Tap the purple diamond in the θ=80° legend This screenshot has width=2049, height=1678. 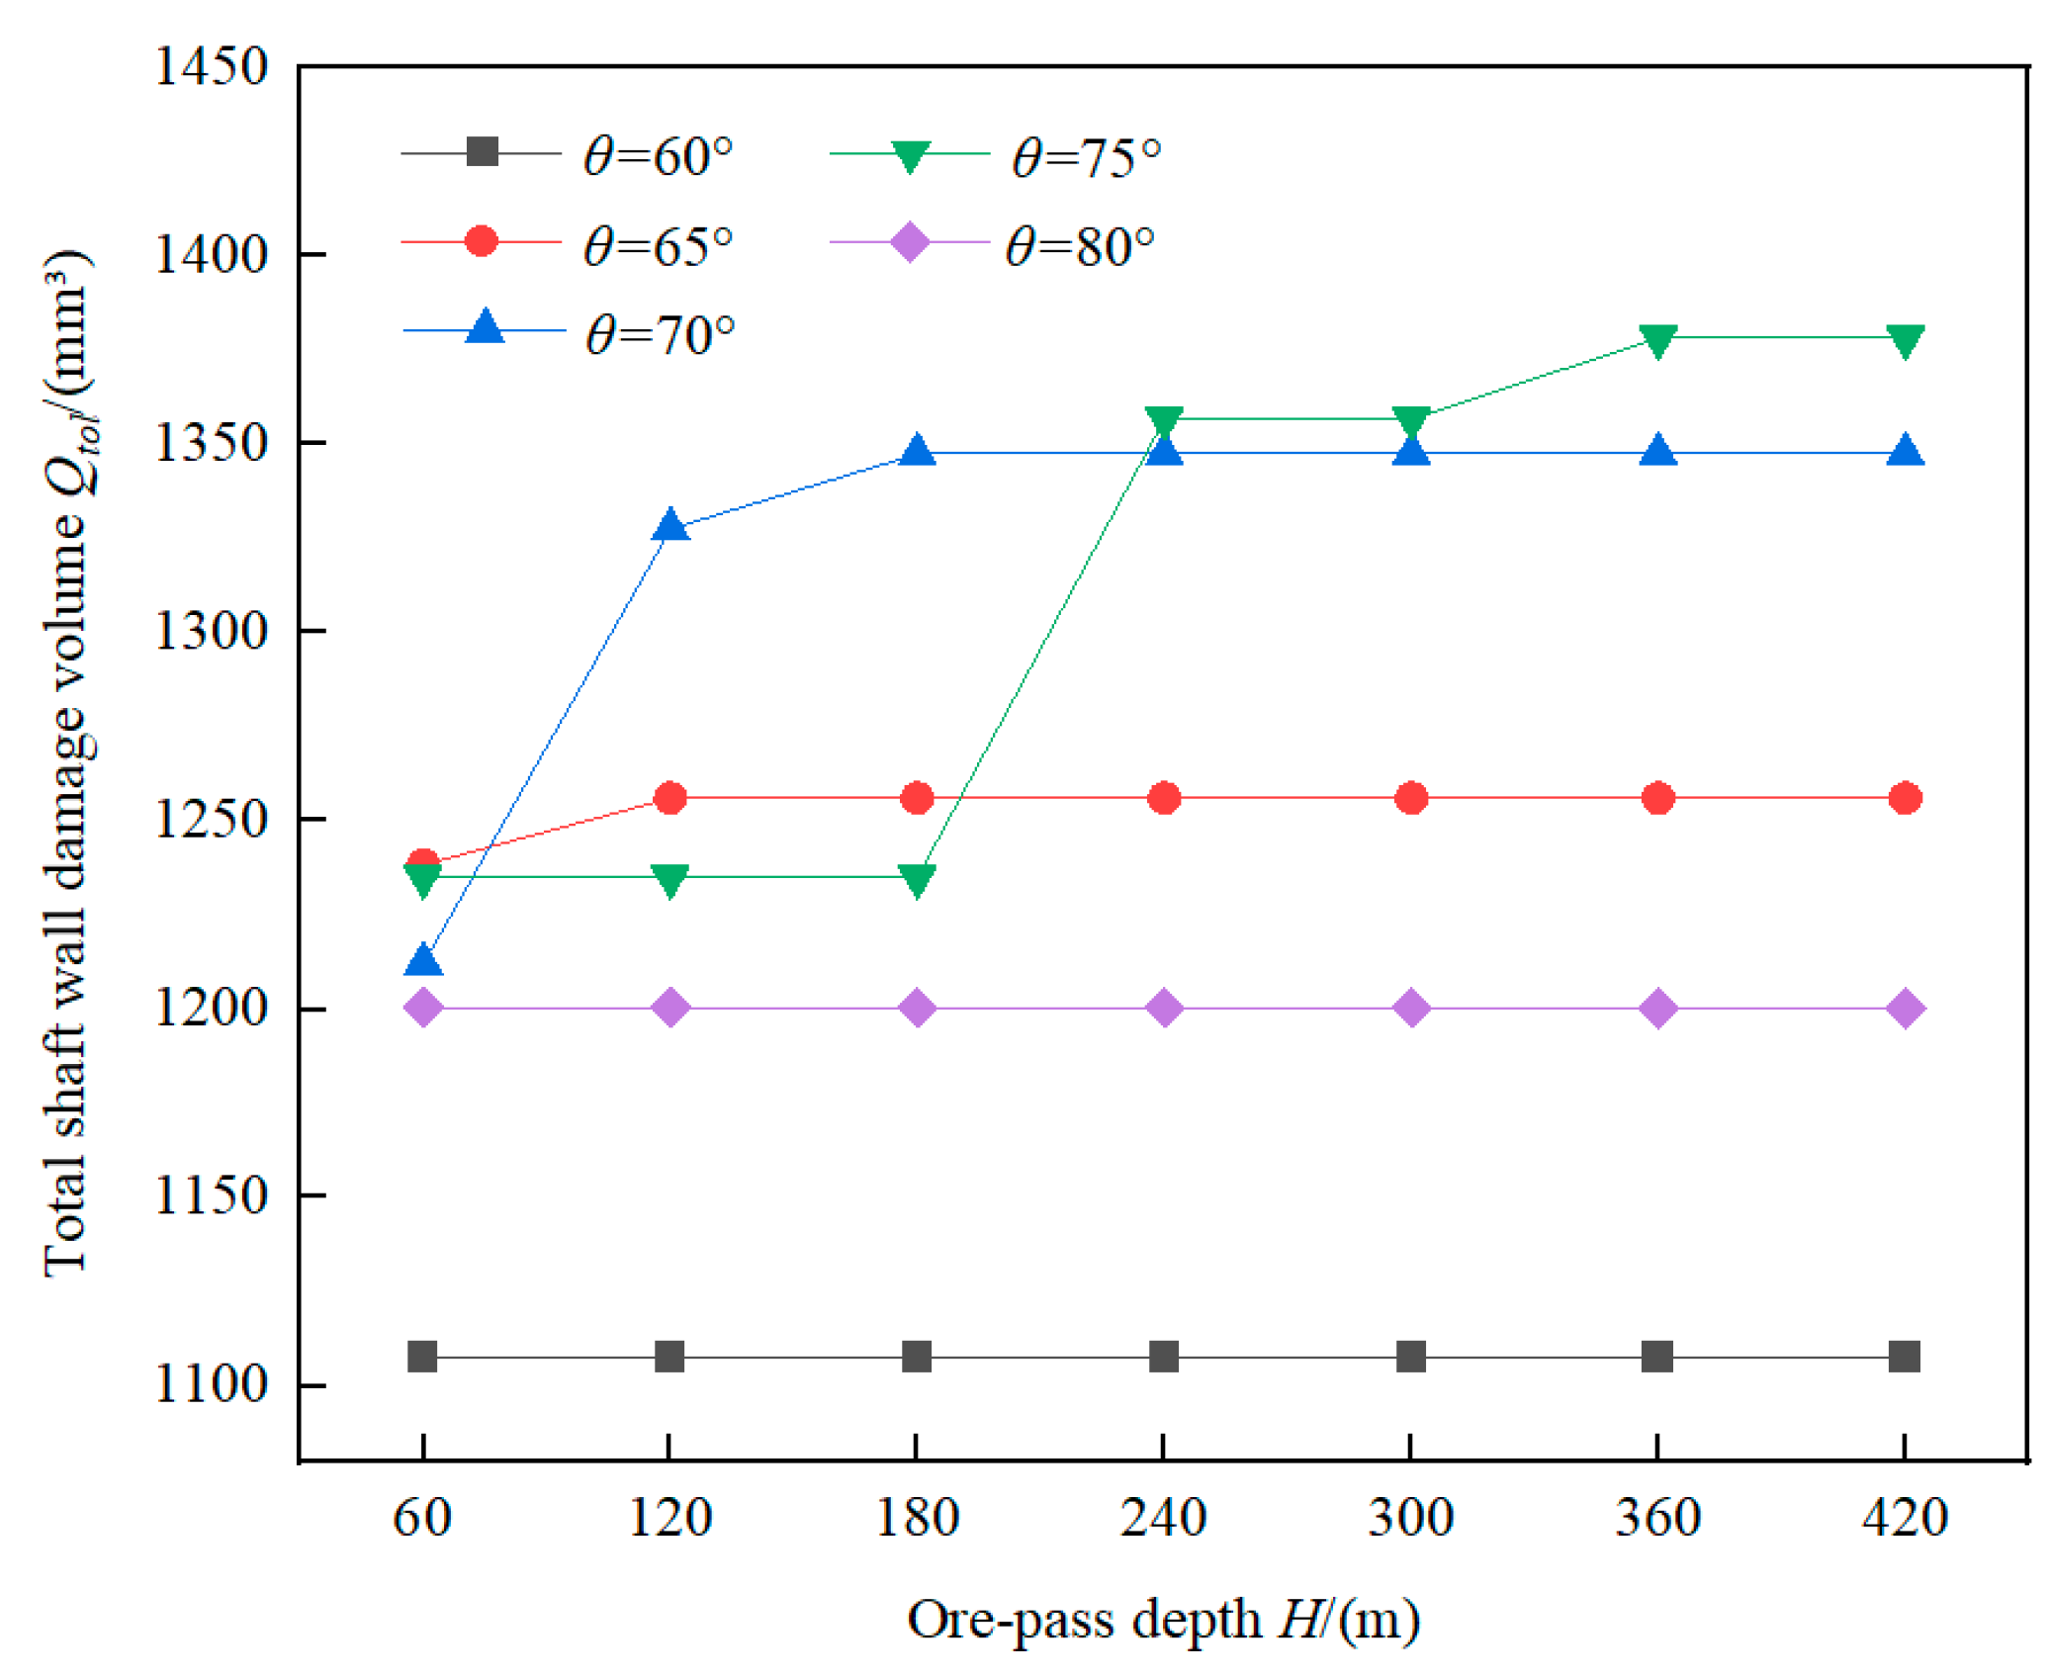pyautogui.click(x=909, y=242)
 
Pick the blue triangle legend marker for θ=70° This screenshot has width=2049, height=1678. pyautogui.click(x=485, y=327)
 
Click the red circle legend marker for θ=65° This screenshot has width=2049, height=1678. pyautogui.click(x=482, y=240)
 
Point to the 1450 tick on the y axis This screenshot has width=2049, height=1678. pyautogui.click(x=211, y=67)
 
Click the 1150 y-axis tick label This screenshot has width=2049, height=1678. pyautogui.click(x=211, y=1195)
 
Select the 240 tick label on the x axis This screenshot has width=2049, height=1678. pyautogui.click(x=1163, y=1518)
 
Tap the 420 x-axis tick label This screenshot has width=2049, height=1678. pyautogui.click(x=1905, y=1518)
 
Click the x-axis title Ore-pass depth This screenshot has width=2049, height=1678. pyautogui.click(x=1163, y=1620)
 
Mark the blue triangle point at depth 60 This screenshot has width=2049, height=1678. pyautogui.click(x=423, y=961)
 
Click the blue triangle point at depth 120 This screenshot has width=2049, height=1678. pyautogui.click(x=670, y=525)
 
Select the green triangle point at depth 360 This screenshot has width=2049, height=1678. pyautogui.click(x=1658, y=340)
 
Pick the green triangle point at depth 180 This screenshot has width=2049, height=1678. pyautogui.click(x=917, y=879)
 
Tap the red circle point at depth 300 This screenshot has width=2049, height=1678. pyautogui.click(x=1411, y=798)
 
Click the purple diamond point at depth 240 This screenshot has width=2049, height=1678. pyautogui.click(x=1164, y=1009)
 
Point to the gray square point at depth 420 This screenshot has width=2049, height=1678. pyautogui.click(x=1905, y=1357)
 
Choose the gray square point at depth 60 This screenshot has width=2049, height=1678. pyautogui.click(x=423, y=1357)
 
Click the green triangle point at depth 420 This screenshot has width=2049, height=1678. pyautogui.click(x=1905, y=340)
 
